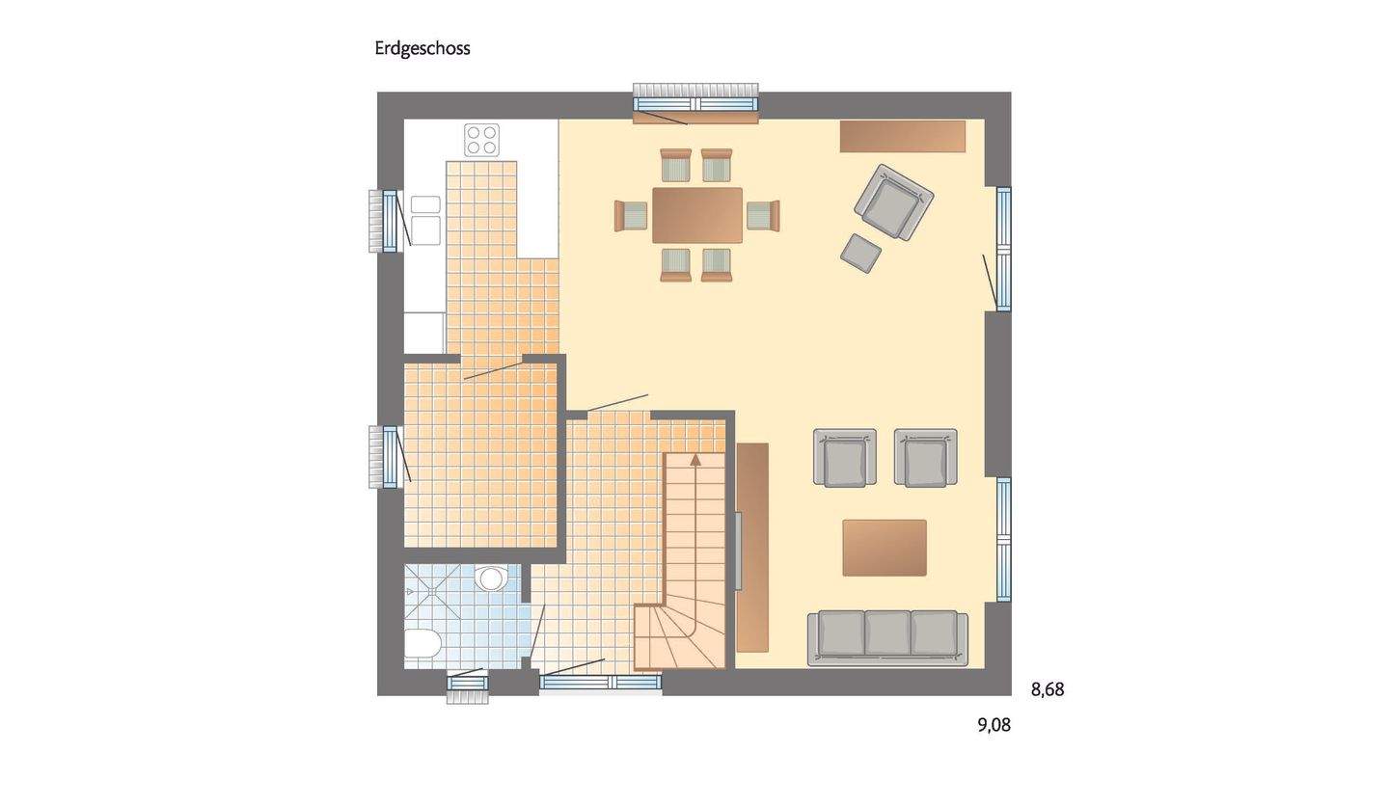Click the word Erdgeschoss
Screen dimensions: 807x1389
click(x=422, y=48)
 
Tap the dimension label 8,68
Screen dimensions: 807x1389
click(x=1047, y=689)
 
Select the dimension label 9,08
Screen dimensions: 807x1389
click(x=994, y=725)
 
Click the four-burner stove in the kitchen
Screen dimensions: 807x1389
click(x=481, y=140)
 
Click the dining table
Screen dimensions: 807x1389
click(x=696, y=215)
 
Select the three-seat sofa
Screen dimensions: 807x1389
click(x=887, y=636)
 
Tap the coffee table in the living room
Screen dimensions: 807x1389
click(x=885, y=548)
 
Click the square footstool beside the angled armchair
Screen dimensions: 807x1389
click(x=860, y=253)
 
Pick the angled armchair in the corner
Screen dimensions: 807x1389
click(x=894, y=202)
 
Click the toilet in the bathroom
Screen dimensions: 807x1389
click(x=422, y=643)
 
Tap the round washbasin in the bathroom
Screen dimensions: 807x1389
click(x=491, y=578)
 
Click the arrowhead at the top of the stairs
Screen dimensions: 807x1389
click(x=695, y=459)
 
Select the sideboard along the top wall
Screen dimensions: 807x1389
click(x=902, y=136)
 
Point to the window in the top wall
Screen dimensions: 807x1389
click(x=694, y=103)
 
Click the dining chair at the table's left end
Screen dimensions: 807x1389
click(x=631, y=215)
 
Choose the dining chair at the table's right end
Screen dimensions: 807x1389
click(x=763, y=215)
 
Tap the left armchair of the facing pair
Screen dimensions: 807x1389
click(x=845, y=458)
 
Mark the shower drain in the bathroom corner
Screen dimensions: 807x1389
click(x=410, y=591)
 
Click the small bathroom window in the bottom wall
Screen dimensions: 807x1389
click(x=467, y=684)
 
